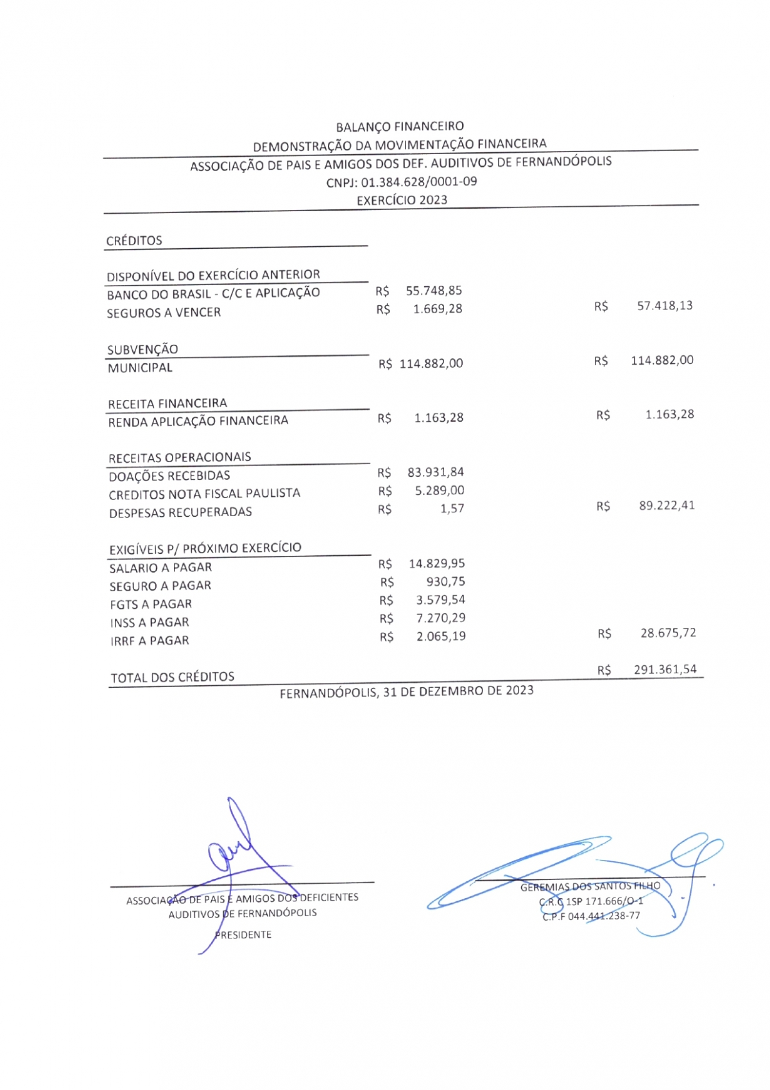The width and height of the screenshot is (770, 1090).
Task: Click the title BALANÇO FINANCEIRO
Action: click(400, 126)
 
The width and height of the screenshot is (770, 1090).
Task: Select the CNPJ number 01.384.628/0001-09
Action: click(419, 181)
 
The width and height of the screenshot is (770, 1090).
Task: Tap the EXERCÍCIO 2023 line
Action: click(402, 200)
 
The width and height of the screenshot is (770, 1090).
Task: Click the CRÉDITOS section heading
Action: click(134, 241)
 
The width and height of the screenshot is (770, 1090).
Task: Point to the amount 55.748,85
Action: click(434, 291)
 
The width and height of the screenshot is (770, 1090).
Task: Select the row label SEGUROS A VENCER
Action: click(164, 313)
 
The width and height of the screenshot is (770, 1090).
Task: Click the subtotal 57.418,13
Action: click(665, 306)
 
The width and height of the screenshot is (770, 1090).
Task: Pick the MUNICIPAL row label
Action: click(140, 368)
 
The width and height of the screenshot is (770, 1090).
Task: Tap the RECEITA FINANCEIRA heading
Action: click(167, 404)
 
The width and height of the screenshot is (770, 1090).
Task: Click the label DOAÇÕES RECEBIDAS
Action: click(169, 476)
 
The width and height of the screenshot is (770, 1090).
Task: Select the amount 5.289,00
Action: click(440, 490)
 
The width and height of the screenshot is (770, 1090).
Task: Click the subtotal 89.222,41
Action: click(667, 505)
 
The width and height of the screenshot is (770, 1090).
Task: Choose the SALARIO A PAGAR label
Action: click(160, 567)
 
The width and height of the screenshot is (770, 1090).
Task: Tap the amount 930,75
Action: click(446, 582)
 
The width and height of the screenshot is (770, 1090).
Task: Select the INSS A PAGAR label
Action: click(150, 623)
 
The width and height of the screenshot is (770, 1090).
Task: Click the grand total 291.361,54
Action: click(665, 670)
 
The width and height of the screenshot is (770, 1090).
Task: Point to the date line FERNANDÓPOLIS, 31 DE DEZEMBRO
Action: click(406, 691)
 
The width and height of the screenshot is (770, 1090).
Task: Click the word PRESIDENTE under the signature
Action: click(243, 935)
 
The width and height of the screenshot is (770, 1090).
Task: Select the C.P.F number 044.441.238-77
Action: click(604, 916)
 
